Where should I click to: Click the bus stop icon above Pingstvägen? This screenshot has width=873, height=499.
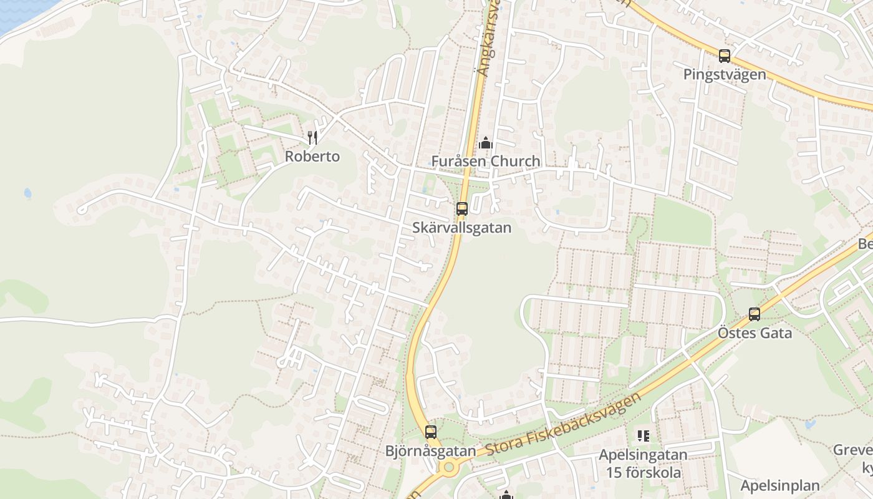pos(724,56)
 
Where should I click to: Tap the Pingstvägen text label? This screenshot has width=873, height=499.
pos(724,75)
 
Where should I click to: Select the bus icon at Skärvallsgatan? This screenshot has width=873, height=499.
pos(461,209)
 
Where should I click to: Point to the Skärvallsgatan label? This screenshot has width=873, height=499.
pos(461,228)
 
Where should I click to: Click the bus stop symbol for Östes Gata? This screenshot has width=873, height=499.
pos(755,314)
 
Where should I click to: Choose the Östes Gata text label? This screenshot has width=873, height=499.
pos(755,333)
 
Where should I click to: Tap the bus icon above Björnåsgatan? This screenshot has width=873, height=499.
pos(430,432)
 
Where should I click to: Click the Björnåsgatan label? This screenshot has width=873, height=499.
pos(430,450)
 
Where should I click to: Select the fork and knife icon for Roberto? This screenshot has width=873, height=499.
pos(312,138)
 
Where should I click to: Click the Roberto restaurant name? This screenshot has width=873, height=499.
pos(312,157)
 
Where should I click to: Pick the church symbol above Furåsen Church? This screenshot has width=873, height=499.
pos(485,143)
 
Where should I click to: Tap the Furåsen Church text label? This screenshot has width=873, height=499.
pos(485,162)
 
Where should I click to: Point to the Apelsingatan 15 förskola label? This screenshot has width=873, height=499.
pos(643,463)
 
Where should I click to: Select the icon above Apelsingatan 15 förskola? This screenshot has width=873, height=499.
pos(643,436)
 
